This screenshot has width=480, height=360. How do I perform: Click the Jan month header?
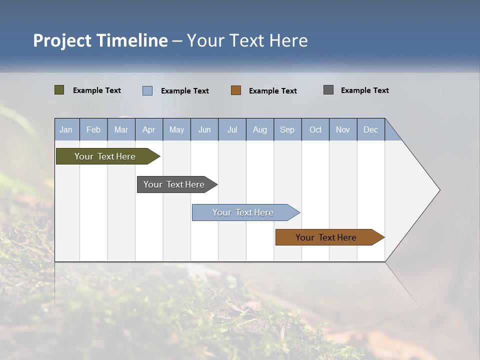pos(66,129)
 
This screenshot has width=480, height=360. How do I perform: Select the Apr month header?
pos(149,129)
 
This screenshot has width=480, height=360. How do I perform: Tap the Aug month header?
pos(259,129)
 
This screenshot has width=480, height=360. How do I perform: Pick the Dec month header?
pos(370,129)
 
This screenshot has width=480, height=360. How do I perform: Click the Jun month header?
pos(204,129)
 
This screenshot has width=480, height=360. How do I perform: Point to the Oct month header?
pos(315,129)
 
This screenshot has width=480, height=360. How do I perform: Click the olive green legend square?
pos(59,90)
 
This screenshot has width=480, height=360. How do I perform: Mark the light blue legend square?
pos(147,90)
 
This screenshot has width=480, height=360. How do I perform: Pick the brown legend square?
pos(236,90)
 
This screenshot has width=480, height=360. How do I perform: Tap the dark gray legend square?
pos(328,90)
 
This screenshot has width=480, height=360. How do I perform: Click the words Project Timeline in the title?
pos(100,40)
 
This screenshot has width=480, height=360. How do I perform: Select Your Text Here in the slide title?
pos(247,40)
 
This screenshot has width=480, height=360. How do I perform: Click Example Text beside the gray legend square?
pos(364,90)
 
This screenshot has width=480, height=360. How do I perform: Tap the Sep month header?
pos(287,129)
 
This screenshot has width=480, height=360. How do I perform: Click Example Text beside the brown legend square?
pos(272,91)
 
